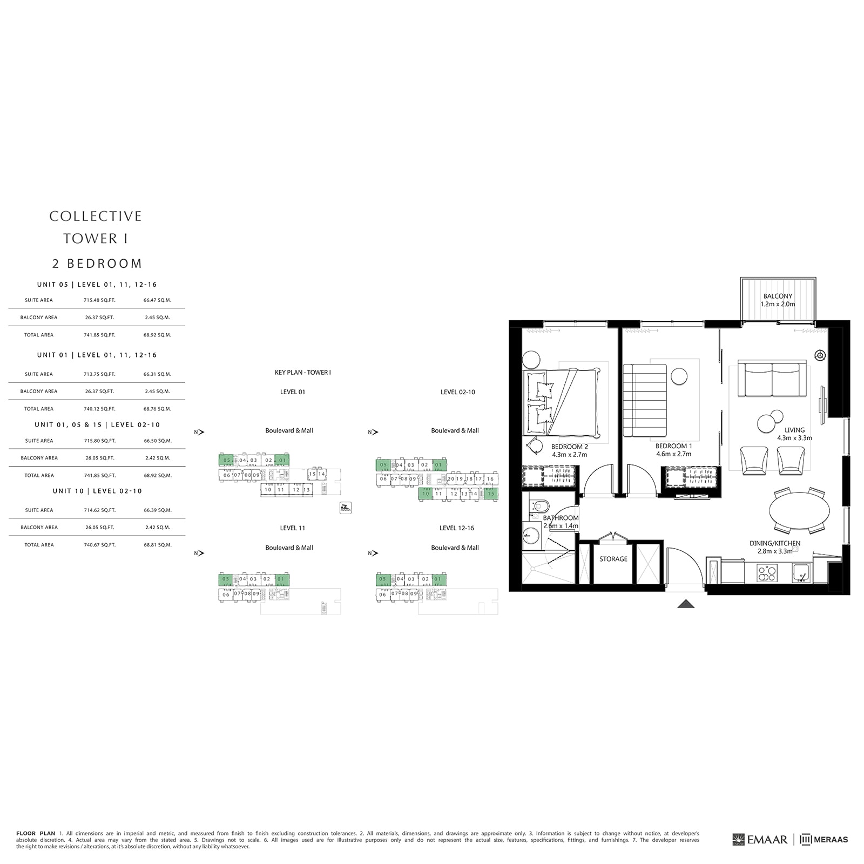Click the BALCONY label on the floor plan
tap(778, 296)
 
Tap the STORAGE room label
tap(613, 559)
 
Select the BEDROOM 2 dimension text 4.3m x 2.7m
tap(569, 455)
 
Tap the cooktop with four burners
tap(765, 573)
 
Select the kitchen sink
tap(800, 573)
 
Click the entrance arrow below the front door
tap(686, 604)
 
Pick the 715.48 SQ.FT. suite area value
tap(99, 300)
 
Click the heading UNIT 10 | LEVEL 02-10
tap(97, 491)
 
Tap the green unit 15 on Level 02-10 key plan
tap(491, 494)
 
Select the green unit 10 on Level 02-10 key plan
tap(426, 494)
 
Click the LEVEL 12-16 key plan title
tap(456, 528)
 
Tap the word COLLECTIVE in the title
tap(96, 216)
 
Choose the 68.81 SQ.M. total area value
tap(158, 545)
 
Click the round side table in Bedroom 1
tap(679, 376)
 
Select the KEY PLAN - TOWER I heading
tap(302, 373)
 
